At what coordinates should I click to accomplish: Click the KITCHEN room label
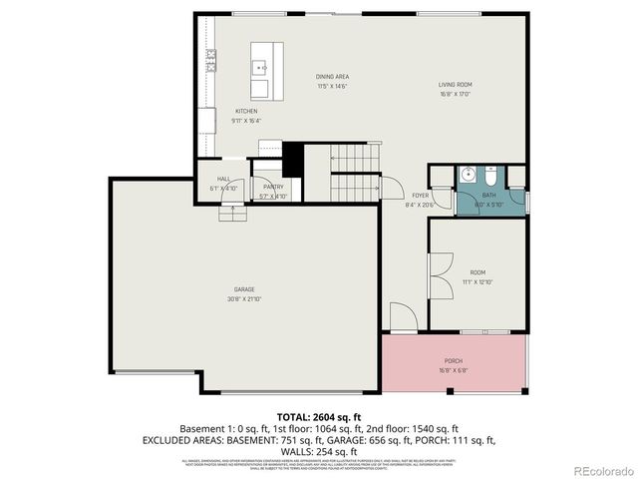pyautogui.click(x=246, y=111)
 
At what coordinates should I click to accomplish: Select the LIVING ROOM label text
pyautogui.click(x=456, y=85)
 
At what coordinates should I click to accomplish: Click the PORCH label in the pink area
pyautogui.click(x=454, y=360)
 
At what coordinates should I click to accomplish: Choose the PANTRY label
pyautogui.click(x=273, y=187)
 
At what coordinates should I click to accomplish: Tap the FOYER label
pyautogui.click(x=421, y=196)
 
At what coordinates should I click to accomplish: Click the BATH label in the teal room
pyautogui.click(x=489, y=195)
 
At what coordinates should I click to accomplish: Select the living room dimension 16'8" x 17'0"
pyautogui.click(x=456, y=95)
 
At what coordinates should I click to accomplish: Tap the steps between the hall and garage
pyautogui.click(x=231, y=212)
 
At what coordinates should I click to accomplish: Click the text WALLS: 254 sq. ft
pyautogui.click(x=319, y=451)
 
